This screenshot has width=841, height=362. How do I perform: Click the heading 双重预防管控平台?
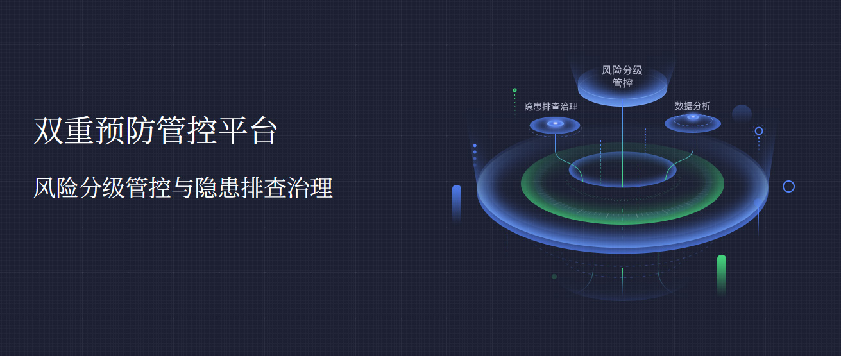coord(155,131)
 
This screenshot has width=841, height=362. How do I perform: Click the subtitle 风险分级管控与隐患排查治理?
coord(183,188)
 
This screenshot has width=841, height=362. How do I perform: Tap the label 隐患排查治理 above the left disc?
coord(551,107)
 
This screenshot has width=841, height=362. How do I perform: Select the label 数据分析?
coord(693,106)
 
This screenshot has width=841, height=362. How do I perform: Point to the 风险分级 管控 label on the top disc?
coord(622,76)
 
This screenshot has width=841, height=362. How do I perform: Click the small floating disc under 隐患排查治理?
coord(554,125)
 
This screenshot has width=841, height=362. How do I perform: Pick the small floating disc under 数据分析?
coord(693,123)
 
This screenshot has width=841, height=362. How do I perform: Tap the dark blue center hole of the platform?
coord(622,169)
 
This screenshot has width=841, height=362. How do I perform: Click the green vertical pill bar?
coord(722,274)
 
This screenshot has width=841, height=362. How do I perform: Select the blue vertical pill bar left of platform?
coord(457,203)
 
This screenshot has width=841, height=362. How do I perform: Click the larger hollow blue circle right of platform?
coord(788,181)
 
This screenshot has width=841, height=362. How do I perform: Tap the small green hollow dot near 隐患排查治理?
coord(514,90)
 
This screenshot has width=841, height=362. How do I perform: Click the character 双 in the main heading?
coord(48,131)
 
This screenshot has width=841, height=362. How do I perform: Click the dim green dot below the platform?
coord(554,277)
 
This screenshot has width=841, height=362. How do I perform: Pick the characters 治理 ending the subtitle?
coord(310,188)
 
